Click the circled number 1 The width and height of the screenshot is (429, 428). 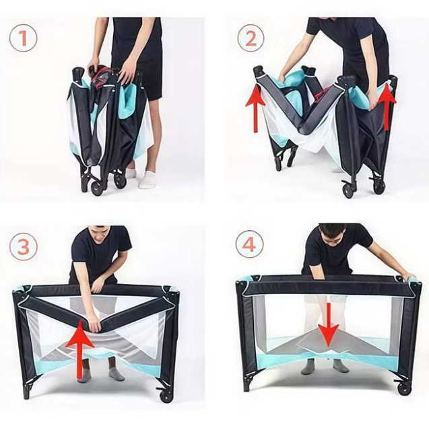23,38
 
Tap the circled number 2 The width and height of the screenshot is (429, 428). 251,38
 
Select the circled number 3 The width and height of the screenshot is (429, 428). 24,246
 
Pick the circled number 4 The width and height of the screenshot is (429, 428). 249,244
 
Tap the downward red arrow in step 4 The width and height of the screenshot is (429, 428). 329,324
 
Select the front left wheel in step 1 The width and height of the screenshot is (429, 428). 96,188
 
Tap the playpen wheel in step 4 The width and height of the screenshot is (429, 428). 405,388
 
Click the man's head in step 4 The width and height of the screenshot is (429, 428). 332,233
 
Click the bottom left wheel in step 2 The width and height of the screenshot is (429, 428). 279,164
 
